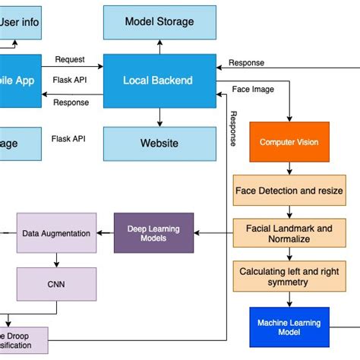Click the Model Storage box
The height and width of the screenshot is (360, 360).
coord(159,21)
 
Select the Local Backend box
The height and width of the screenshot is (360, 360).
coord(159,81)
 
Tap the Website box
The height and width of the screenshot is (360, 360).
coord(159,143)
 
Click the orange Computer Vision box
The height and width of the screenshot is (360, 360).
coord(289,142)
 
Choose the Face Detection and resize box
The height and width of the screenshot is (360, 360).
coord(289,191)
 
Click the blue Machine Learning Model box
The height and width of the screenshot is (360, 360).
coord(289,327)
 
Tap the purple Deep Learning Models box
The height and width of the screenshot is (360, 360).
coord(153,232)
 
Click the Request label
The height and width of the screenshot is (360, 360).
coord(70,59)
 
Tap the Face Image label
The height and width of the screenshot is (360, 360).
coord(253,90)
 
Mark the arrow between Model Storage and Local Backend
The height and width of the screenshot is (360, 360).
coord(159,47)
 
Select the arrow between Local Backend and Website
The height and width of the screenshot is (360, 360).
coord(159,116)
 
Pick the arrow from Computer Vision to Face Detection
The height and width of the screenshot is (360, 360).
coord(289,169)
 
